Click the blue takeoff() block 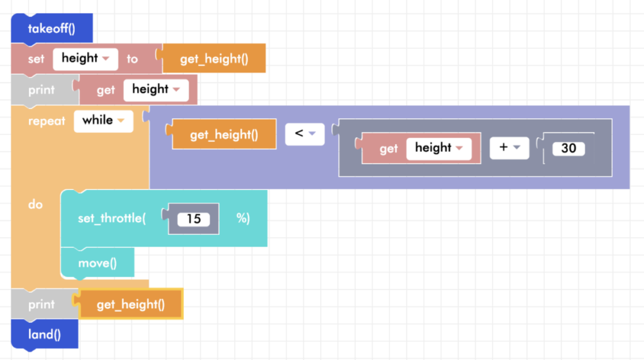click(x=52, y=28)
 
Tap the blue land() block click(x=44, y=334)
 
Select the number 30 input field click(x=569, y=149)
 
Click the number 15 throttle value click(x=194, y=219)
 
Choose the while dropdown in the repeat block click(x=103, y=120)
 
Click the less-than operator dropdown click(x=304, y=133)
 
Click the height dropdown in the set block click(x=86, y=59)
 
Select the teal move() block click(x=97, y=262)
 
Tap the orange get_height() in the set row click(x=214, y=59)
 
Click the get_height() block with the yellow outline click(x=130, y=305)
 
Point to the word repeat click(x=47, y=121)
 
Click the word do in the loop click(x=35, y=205)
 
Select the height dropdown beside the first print click(x=156, y=89)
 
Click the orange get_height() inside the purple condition click(x=224, y=134)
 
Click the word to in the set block click(x=132, y=59)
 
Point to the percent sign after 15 click(x=243, y=218)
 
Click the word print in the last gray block click(x=42, y=305)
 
